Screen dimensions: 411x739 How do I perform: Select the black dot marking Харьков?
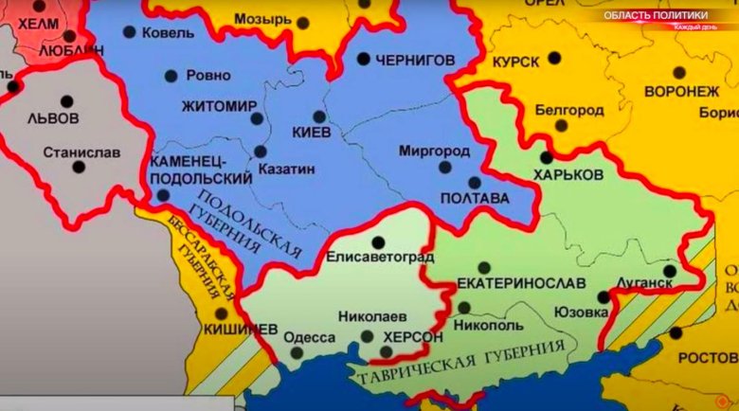tap(547, 158)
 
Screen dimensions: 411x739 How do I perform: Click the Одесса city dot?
tap(297, 352)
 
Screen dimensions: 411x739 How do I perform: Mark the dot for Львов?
tap(67, 100)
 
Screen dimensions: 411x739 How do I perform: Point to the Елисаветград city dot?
tap(378, 242)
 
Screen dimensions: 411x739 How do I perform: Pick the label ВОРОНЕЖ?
tap(681, 91)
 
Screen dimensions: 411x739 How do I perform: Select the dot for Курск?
tap(554, 58)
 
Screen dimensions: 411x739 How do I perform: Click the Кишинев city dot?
tap(222, 313)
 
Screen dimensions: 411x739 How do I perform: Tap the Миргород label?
tap(434, 151)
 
